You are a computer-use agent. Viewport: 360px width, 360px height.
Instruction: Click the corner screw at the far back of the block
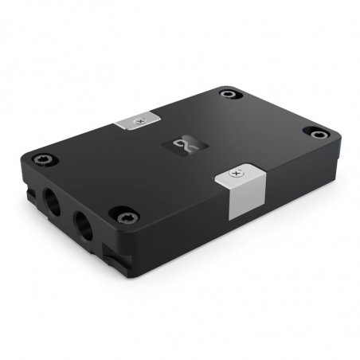pos(229,94)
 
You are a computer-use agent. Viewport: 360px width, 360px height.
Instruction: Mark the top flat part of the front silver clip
pos(239,174)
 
